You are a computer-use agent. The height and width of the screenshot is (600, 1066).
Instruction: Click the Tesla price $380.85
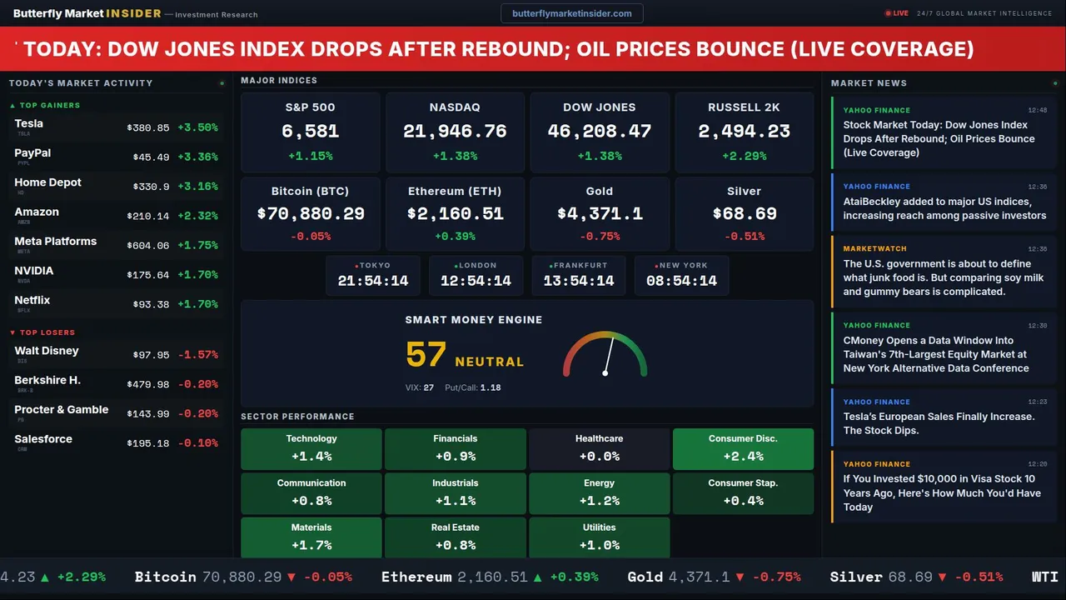point(148,128)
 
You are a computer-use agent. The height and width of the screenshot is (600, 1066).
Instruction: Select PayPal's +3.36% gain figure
point(198,157)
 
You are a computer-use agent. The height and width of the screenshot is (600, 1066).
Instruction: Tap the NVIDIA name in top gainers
point(34,271)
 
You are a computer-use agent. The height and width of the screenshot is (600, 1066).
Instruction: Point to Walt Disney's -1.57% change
point(198,355)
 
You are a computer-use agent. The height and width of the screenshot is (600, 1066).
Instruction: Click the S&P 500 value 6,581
point(310,132)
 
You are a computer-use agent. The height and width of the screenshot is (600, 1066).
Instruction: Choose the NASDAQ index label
point(455,107)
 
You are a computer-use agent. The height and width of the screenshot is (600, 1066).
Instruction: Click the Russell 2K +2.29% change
point(744,156)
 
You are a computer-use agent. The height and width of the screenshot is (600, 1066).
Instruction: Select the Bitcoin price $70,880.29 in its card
point(311,214)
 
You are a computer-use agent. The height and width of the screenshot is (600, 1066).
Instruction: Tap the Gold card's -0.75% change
point(599,237)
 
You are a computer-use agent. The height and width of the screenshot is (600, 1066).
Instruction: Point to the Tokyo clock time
point(373,281)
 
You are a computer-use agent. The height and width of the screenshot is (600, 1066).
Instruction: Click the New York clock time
point(681,281)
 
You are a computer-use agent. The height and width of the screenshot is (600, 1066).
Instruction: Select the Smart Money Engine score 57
point(426,355)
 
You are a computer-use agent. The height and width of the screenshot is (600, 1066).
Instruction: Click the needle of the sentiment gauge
point(609,355)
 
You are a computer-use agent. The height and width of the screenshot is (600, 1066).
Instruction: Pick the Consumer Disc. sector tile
point(743,448)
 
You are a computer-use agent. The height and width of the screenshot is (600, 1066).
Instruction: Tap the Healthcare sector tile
point(599,448)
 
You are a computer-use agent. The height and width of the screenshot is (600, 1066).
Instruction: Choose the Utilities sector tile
point(599,537)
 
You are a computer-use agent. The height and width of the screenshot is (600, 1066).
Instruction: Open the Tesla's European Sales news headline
point(939,423)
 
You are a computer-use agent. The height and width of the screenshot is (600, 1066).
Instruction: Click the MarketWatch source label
point(874,249)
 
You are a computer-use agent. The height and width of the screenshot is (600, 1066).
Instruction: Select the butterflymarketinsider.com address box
point(571,13)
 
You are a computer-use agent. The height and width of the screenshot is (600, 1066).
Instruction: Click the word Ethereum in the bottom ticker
point(416,577)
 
